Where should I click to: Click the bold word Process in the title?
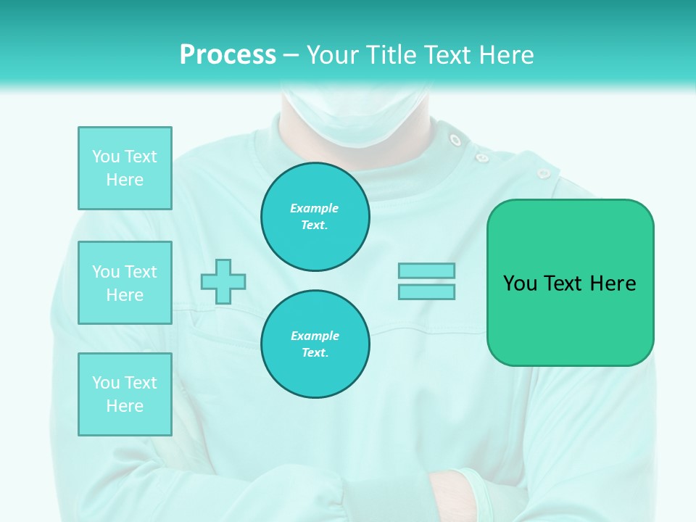coord(228,55)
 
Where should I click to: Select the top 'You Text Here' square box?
coord(125,168)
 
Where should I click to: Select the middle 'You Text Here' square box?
coord(125,283)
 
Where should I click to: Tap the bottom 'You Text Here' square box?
coord(125,394)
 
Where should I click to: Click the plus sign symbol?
coord(223,281)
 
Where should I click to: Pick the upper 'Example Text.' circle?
coord(315,216)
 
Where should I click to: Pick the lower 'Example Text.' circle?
coord(315,344)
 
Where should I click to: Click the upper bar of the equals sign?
coord(426,270)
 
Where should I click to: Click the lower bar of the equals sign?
coord(426,291)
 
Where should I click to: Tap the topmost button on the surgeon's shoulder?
coord(455,139)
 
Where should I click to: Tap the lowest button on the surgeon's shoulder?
coord(543,173)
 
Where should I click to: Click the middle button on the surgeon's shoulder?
coord(482,156)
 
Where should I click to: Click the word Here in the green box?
coord(613,283)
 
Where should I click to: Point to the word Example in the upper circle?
coord(314,208)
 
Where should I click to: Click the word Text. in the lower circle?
coord(315,353)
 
